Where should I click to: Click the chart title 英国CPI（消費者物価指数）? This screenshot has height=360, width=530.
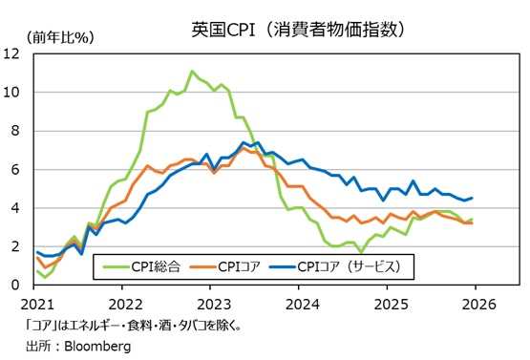(300, 29)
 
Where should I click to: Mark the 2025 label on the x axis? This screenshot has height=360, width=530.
(390, 301)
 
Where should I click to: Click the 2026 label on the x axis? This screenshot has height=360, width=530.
(477, 301)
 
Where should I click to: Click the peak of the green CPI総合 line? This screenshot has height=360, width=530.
(193, 72)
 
